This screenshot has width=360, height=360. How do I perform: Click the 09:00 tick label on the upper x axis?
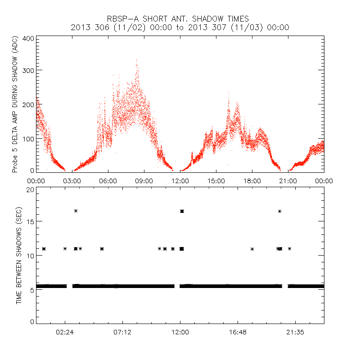[x=144, y=180]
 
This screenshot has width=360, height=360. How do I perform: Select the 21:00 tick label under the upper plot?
[x=288, y=180]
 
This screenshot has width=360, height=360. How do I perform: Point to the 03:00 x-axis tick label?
[x=72, y=180]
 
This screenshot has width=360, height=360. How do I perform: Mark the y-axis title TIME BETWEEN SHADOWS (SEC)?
[x=19, y=255]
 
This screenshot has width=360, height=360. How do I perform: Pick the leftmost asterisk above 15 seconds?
[x=76, y=211]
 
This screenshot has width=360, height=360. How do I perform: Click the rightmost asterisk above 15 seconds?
[x=280, y=211]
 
